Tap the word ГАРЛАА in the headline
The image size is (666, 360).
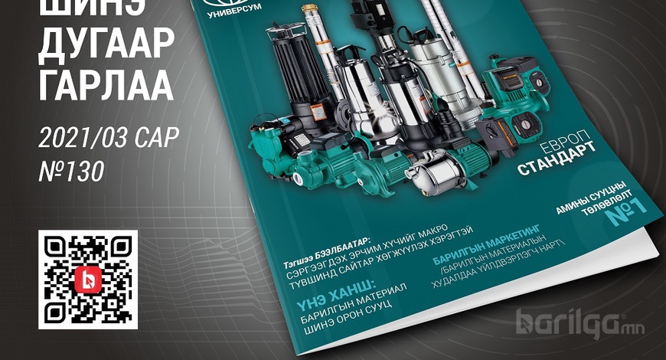click(106, 84)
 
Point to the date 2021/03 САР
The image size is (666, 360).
click(108, 137)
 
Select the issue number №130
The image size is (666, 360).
click(71, 172)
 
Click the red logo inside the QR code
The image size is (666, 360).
click(88, 280)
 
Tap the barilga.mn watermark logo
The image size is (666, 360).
click(579, 325)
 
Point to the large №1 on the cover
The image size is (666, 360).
click(625, 211)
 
